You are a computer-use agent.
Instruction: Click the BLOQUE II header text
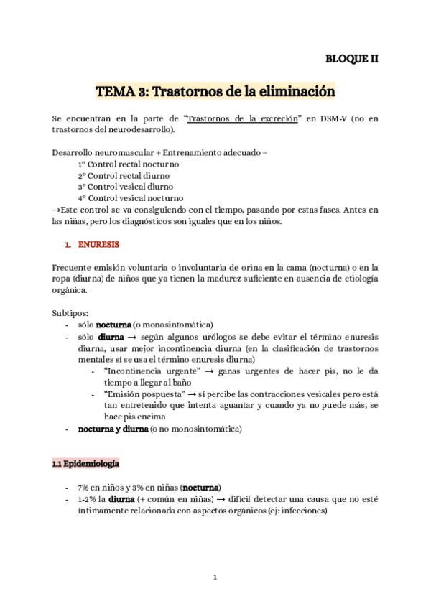[352, 60]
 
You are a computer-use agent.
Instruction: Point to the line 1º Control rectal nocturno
[129, 164]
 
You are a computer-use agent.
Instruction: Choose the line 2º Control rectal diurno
[124, 176]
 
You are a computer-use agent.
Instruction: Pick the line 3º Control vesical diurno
[126, 187]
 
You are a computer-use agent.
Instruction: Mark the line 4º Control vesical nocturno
[130, 198]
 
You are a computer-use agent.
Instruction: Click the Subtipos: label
[70, 314]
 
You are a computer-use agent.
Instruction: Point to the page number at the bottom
[215, 577]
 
